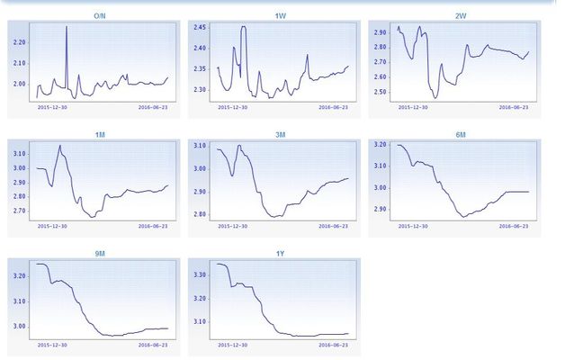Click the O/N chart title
coord(101,16)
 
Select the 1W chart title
coord(281,16)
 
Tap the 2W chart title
coord(461,16)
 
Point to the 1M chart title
coord(101,135)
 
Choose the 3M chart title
coord(281,135)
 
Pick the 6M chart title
coord(461,135)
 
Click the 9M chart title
coord(101,254)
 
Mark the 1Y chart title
coord(281,254)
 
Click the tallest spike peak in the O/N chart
coord(67,27)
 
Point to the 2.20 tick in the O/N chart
coord(20,41)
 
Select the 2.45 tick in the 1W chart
coord(200,27)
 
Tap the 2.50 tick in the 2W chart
coord(380,92)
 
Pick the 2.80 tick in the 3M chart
coord(200,215)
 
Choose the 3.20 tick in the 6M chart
coord(380,144)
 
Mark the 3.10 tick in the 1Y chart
coord(200,321)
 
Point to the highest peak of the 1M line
coord(60,146)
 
